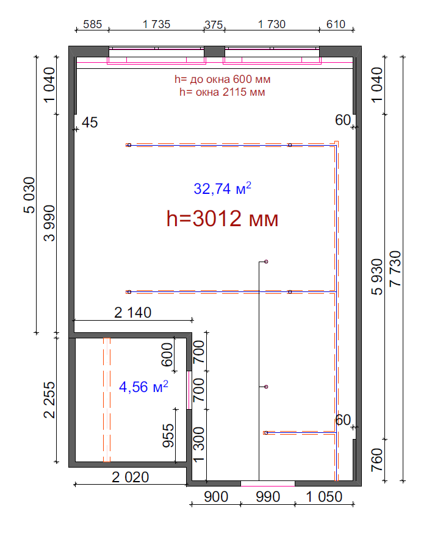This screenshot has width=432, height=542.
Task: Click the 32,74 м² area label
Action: pyautogui.click(x=222, y=188)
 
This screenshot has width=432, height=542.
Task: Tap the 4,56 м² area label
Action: pyautogui.click(x=143, y=387)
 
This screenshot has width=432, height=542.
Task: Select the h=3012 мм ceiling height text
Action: pyautogui.click(x=222, y=218)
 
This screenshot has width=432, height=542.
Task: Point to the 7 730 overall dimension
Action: pyautogui.click(x=395, y=269)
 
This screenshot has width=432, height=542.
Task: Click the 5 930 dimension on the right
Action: pyautogui.click(x=377, y=277)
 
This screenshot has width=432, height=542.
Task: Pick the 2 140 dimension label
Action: pyautogui.click(x=133, y=313)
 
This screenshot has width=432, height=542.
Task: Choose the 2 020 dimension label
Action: pyautogui.click(x=131, y=477)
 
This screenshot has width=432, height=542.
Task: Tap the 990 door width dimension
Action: pyautogui.click(x=268, y=497)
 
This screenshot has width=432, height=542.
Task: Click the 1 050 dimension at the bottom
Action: pyautogui.click(x=324, y=497)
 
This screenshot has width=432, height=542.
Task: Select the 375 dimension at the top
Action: pyautogui.click(x=214, y=25)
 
